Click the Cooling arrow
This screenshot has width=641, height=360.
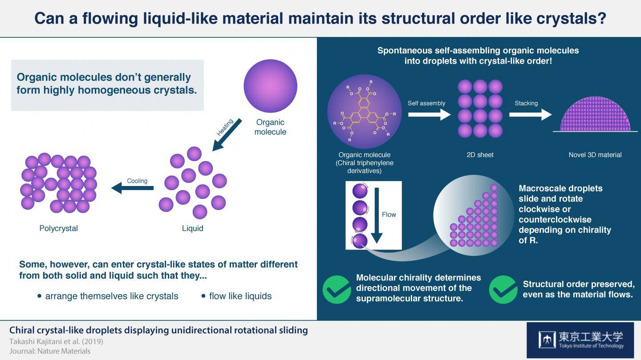coord(132,189)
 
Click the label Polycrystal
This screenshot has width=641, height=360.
coord(58,228)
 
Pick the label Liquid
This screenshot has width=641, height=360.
coord(193,228)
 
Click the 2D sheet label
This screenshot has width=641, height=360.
coord(480,155)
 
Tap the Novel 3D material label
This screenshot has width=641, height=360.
coord(595,155)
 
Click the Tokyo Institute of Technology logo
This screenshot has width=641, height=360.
coord(580,340)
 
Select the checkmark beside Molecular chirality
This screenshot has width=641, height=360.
coord(336,289)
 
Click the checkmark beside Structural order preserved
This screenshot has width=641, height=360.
coord(503,289)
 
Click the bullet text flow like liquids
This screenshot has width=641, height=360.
coord(240,296)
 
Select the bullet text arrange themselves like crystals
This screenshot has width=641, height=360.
coord(111,296)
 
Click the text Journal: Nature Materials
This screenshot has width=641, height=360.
coord(50,351)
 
